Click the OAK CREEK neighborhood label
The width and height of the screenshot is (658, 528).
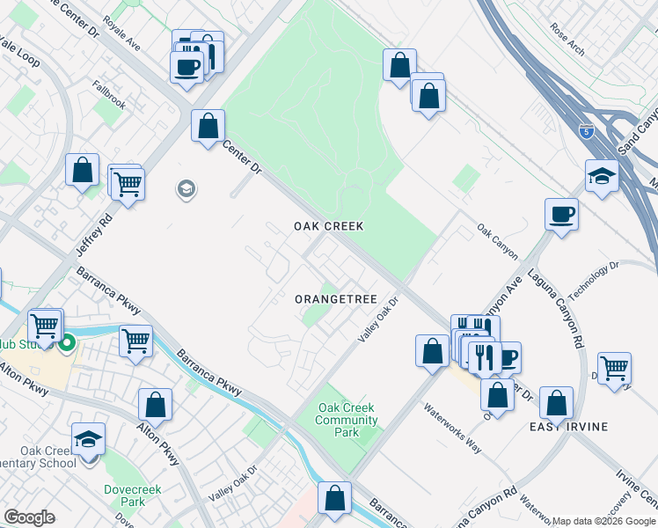(x=328, y=226)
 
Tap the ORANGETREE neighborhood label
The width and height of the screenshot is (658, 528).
(x=334, y=299)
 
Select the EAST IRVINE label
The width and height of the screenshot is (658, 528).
(x=568, y=427)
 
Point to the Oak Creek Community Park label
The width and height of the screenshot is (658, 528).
(x=347, y=420)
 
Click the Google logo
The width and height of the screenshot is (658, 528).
(x=29, y=517)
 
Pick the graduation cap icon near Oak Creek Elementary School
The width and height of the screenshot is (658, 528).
(x=88, y=439)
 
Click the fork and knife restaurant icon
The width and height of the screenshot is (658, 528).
(x=484, y=356)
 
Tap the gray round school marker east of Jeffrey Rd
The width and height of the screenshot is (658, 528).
(x=186, y=188)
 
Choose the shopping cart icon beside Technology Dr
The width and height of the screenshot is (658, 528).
(x=614, y=367)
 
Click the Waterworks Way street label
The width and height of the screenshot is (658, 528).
(x=452, y=427)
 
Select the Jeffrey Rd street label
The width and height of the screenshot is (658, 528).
(x=95, y=231)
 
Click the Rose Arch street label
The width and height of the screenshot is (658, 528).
(x=567, y=39)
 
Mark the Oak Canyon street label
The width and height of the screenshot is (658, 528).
(x=498, y=244)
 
